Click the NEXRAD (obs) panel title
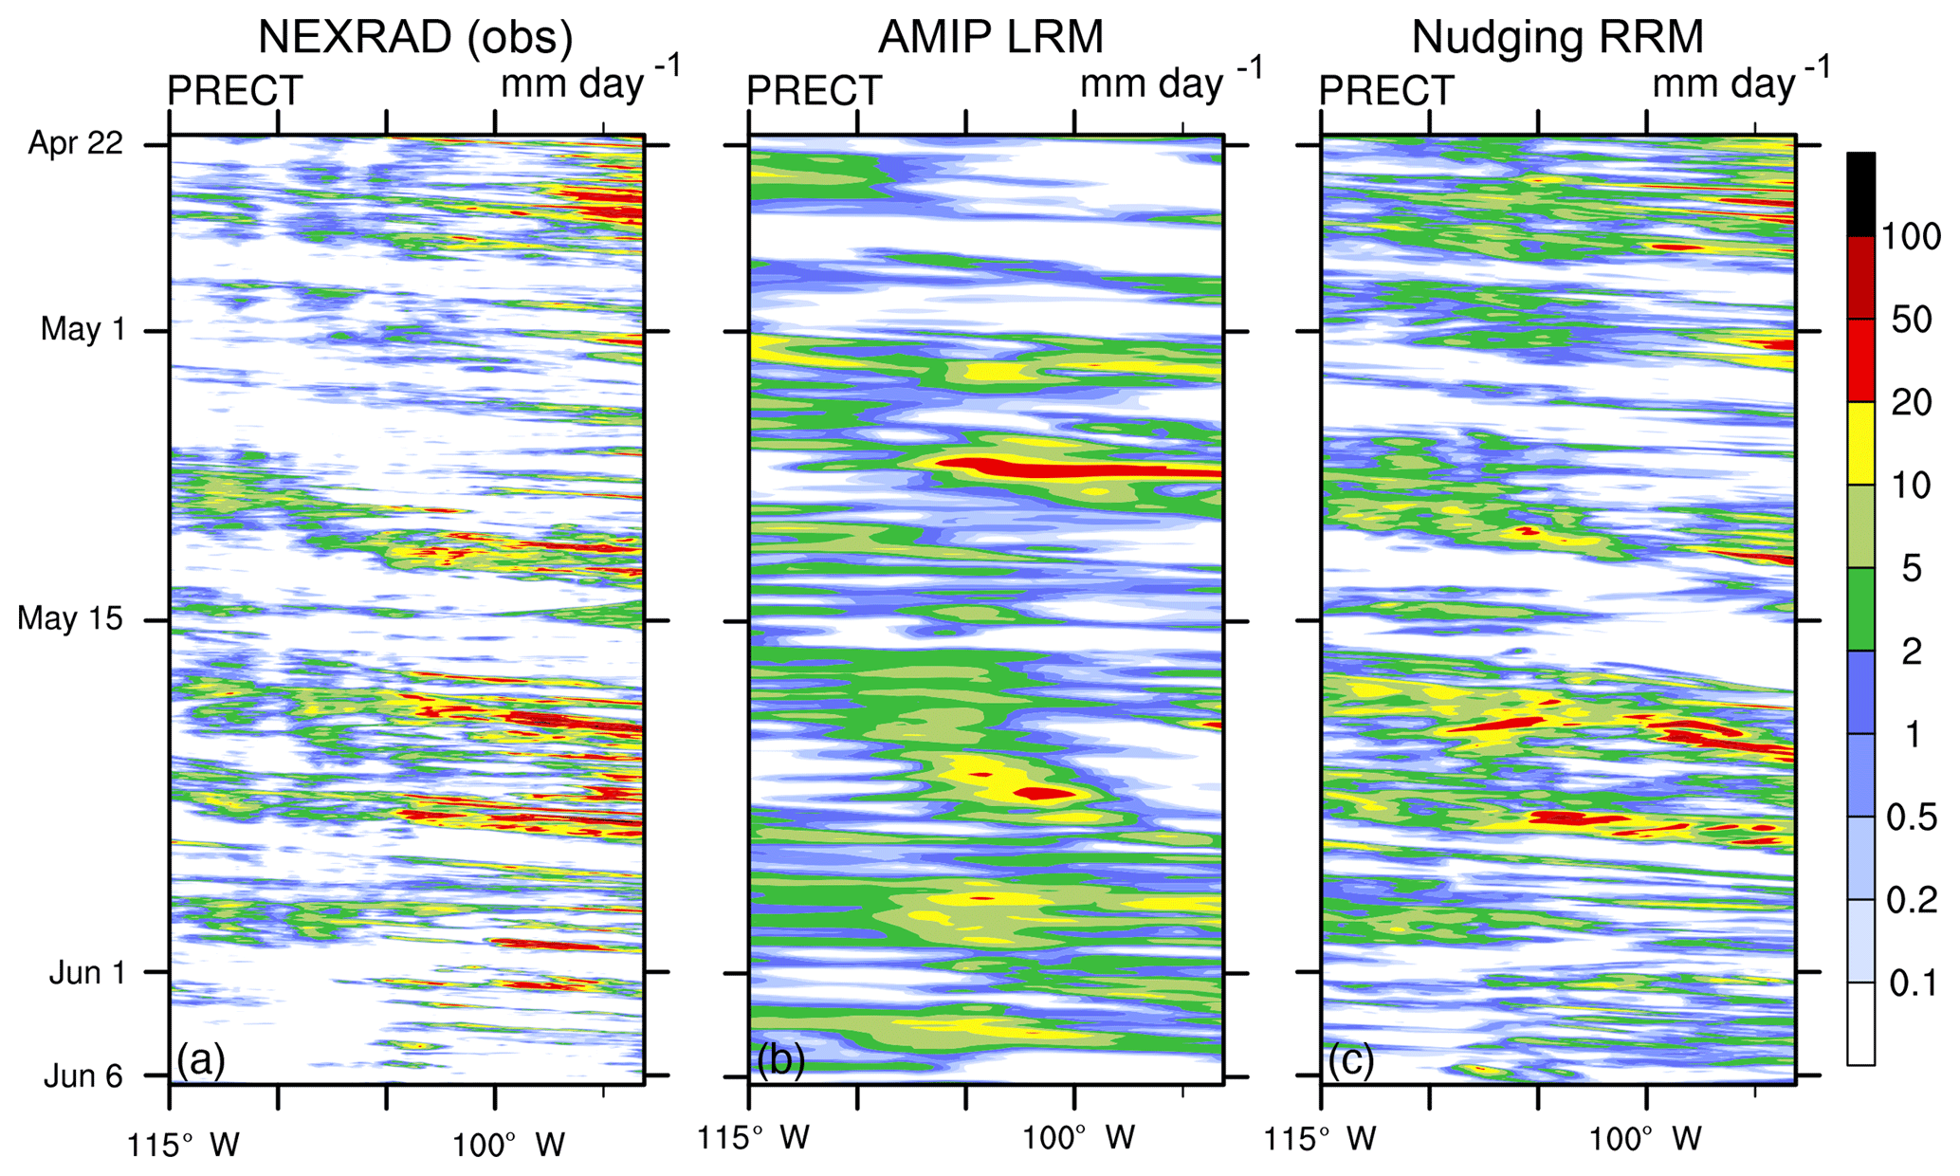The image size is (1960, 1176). coord(415,38)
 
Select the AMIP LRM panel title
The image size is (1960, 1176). coord(991,38)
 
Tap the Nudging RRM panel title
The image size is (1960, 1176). coord(1557,38)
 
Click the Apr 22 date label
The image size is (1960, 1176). coord(76,143)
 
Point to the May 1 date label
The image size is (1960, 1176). coord(82,329)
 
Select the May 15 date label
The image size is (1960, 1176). coord(70,618)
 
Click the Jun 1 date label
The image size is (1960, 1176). coord(86,972)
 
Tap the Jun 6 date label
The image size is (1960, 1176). coord(83,1075)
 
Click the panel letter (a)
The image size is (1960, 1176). coord(201,1059)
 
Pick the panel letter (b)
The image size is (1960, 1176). coord(780,1059)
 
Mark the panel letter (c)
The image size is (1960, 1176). coord(1351,1059)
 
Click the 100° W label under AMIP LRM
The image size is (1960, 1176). coord(1078,1138)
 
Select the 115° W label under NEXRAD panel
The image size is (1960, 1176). coord(184,1145)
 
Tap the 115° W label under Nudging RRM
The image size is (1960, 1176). coord(1320,1138)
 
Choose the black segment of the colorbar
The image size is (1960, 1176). coord(1860,194)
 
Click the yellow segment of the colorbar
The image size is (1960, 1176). coord(1860,444)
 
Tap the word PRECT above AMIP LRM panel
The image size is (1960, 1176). coord(814,91)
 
